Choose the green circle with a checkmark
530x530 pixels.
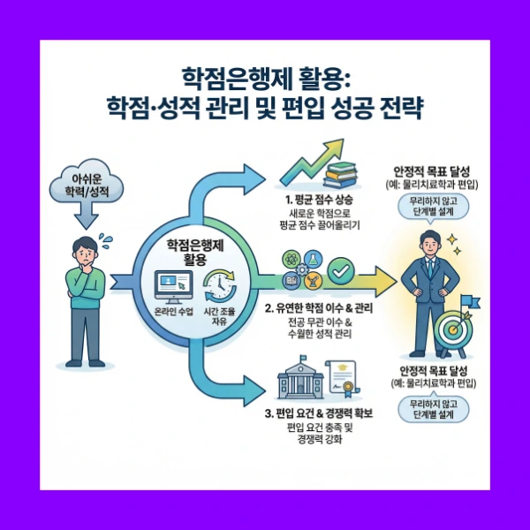pos(340,269)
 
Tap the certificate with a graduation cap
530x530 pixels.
pos(346,381)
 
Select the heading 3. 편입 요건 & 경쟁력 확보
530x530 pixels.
pos(320,413)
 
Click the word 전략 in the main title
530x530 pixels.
pos(403,112)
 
